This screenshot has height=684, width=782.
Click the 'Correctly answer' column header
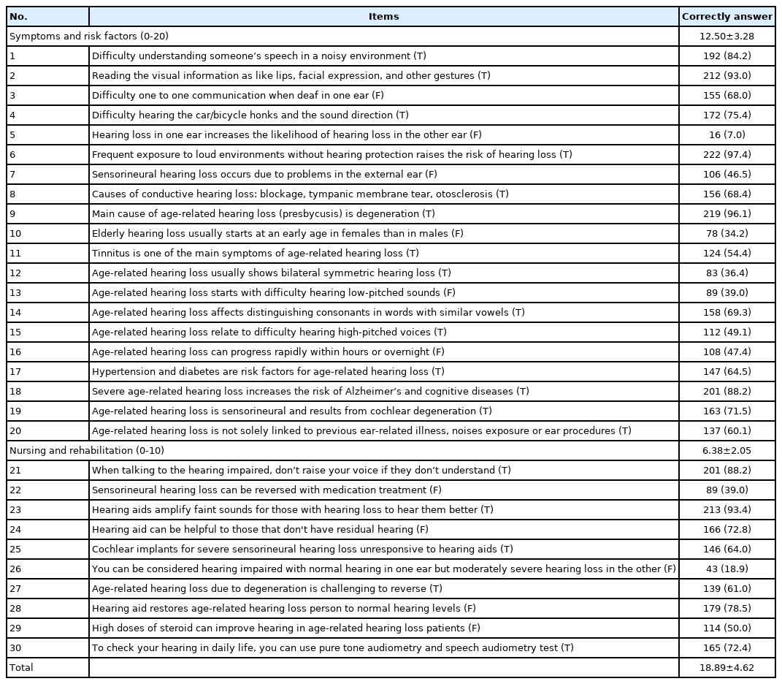click(x=727, y=17)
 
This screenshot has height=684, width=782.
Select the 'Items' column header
click(x=383, y=17)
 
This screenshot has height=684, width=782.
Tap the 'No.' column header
click(x=18, y=17)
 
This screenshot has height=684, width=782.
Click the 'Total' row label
click(x=21, y=668)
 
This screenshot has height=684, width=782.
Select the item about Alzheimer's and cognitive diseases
click(x=310, y=392)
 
